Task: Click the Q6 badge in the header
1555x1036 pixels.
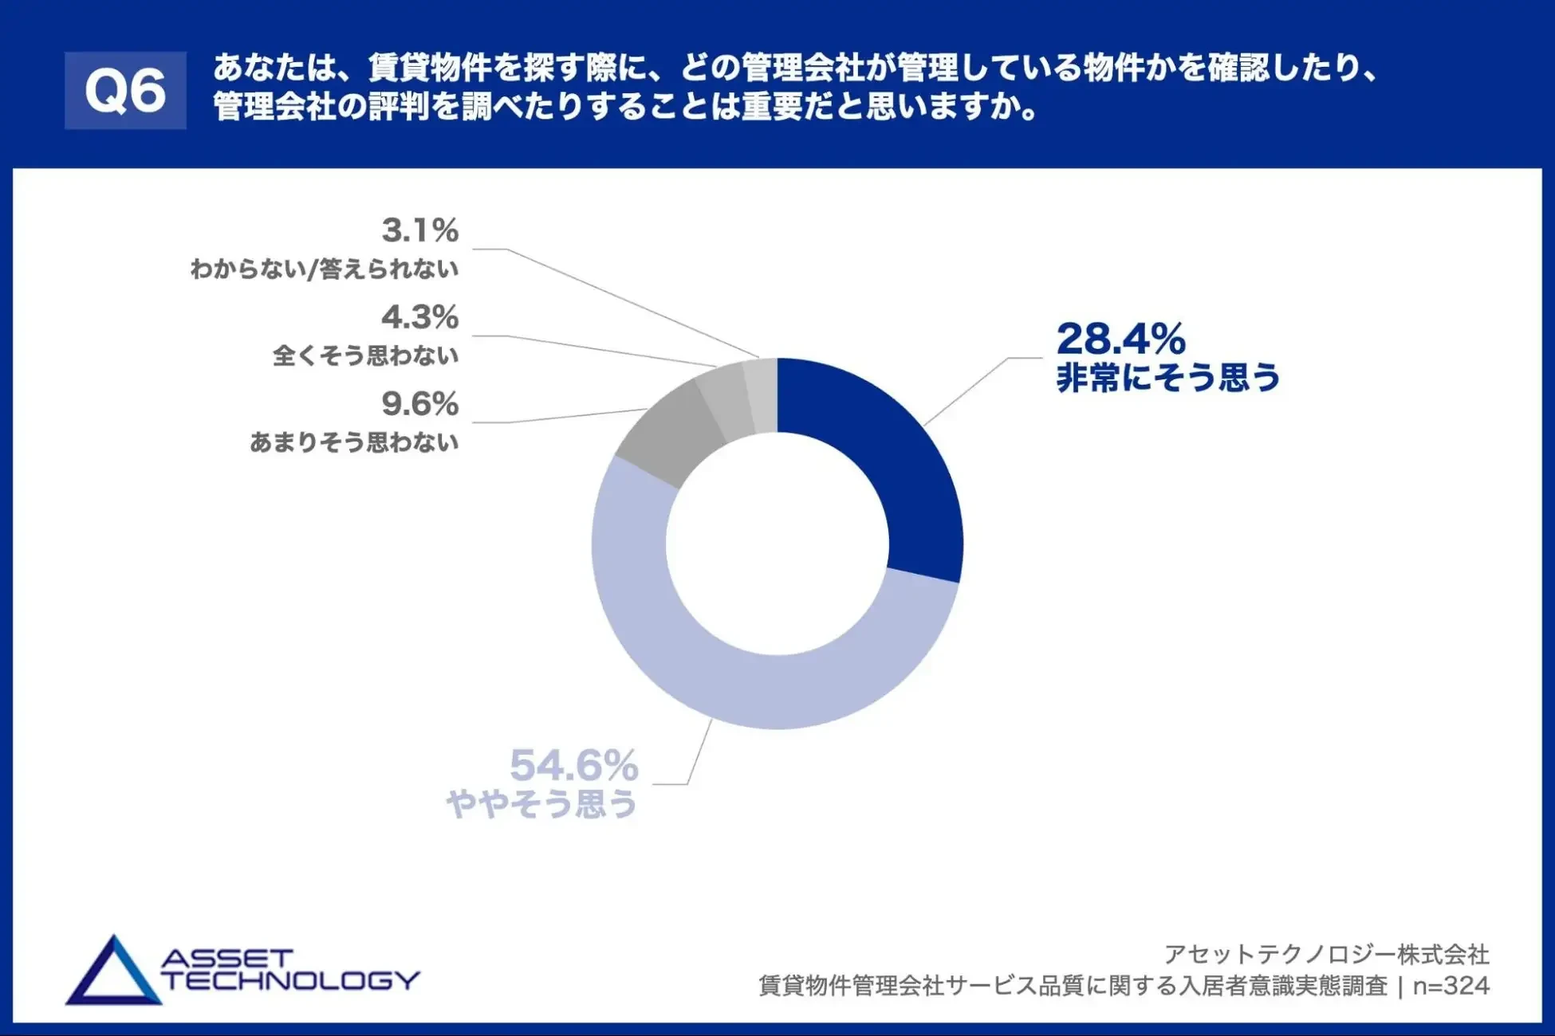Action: [125, 90]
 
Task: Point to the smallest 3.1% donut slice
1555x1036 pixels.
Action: [762, 396]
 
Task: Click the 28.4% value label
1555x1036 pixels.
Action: [1120, 339]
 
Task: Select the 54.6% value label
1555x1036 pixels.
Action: [574, 766]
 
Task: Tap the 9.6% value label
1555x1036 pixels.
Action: [420, 404]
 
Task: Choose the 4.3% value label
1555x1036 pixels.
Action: [420, 317]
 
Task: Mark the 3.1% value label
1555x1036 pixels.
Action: [420, 231]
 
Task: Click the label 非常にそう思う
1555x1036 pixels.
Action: [1167, 378]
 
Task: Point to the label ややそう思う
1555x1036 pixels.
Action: [542, 803]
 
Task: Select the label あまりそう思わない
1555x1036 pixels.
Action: [354, 442]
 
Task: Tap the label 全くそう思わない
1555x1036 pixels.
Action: [365, 355]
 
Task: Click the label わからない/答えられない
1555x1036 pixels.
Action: [325, 269]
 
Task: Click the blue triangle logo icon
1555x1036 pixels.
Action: [113, 974]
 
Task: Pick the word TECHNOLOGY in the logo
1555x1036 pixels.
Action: [291, 980]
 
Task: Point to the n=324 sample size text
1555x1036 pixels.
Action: [1451, 986]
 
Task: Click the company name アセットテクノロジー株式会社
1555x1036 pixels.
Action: [1326, 954]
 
